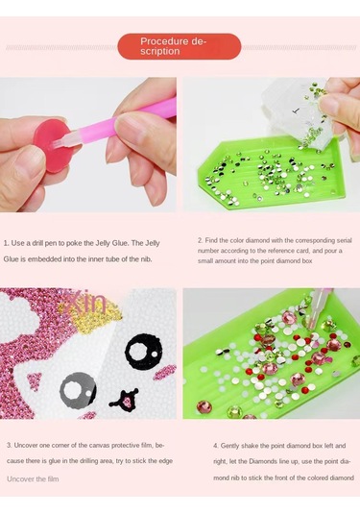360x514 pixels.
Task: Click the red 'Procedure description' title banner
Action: (x=180, y=46)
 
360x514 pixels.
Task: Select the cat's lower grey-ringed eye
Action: (x=77, y=389)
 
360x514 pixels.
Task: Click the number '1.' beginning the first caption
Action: (x=7, y=243)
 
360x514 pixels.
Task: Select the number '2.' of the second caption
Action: (x=200, y=239)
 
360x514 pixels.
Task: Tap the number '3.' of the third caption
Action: (x=9, y=445)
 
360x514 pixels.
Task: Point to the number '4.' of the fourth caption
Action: (x=215, y=446)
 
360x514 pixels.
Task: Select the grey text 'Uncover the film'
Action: (x=35, y=477)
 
